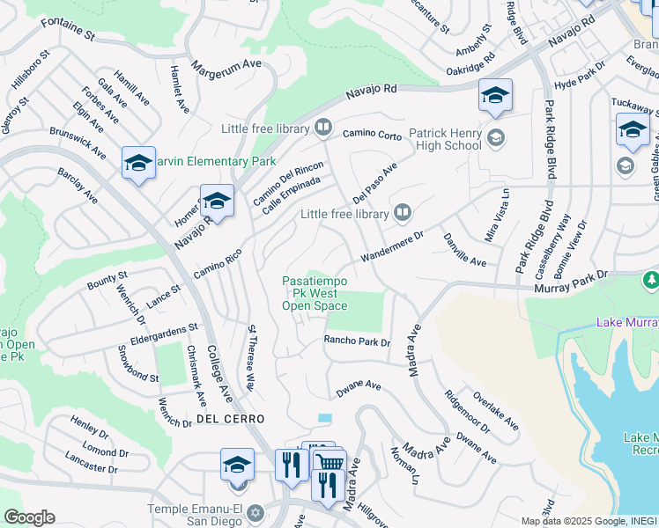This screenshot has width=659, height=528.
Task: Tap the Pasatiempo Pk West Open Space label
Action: click(315, 293)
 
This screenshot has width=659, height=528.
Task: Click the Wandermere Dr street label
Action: click(391, 247)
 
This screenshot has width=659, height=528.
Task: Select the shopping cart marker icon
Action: click(329, 462)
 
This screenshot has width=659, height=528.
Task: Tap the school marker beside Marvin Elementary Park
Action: click(138, 163)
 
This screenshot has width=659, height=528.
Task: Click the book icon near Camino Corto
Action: click(323, 128)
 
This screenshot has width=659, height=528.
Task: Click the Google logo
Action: click(29, 517)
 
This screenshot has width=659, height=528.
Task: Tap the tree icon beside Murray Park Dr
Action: click(651, 280)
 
